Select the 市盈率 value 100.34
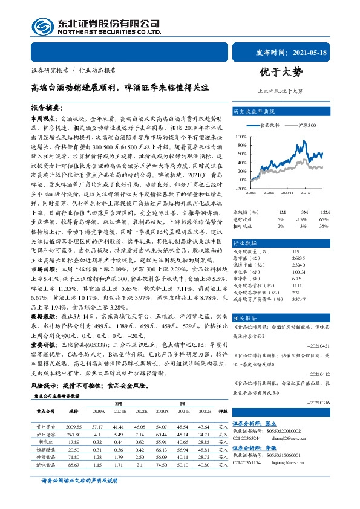point(299,272)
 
